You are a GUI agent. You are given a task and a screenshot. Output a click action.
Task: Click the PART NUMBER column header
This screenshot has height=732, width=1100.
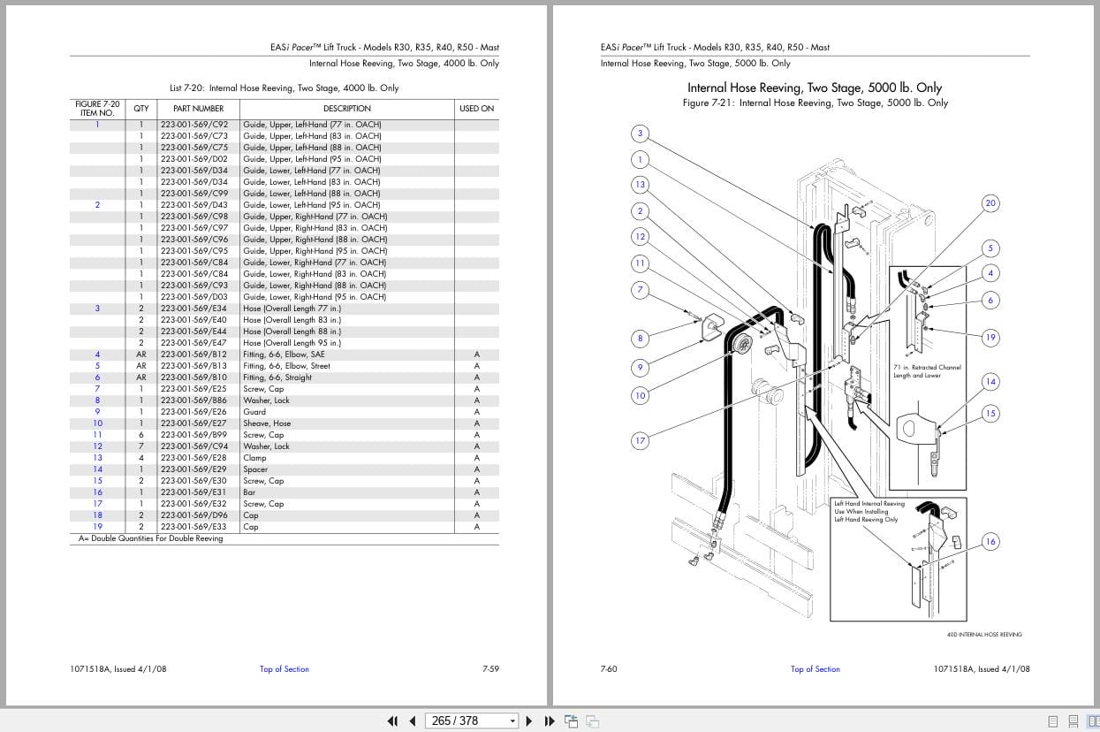click(x=198, y=109)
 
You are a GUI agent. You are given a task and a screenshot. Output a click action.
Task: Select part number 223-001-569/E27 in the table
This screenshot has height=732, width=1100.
click(x=193, y=423)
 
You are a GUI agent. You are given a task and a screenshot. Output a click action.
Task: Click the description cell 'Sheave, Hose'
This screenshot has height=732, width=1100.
click(x=267, y=423)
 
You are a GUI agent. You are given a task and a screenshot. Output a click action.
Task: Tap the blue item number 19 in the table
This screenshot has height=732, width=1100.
click(x=97, y=527)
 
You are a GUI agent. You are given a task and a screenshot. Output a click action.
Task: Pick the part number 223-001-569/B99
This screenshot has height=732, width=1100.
click(x=193, y=435)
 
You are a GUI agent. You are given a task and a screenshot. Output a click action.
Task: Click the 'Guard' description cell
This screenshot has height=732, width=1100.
click(x=254, y=412)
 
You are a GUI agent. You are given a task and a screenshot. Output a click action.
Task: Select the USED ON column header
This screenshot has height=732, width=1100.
click(x=476, y=109)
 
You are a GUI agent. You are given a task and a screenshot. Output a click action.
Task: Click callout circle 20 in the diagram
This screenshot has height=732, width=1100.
click(x=990, y=203)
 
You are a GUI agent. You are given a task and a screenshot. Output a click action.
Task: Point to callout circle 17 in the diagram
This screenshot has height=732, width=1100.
click(x=641, y=440)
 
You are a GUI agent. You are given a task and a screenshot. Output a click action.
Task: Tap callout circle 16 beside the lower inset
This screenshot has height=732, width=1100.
click(x=990, y=542)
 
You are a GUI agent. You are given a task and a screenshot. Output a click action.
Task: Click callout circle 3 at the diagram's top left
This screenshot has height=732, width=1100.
click(x=641, y=134)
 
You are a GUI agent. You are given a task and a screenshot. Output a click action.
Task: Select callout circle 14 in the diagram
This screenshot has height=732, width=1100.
click(x=990, y=382)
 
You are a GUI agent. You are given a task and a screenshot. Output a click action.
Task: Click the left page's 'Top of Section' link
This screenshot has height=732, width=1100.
click(x=284, y=669)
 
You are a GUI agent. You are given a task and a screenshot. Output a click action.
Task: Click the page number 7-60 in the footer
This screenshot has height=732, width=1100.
click(x=609, y=669)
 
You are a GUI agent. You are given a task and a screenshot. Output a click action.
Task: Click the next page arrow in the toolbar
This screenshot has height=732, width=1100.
click(x=529, y=721)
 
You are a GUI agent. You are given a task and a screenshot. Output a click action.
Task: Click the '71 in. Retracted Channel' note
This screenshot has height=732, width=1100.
click(x=927, y=367)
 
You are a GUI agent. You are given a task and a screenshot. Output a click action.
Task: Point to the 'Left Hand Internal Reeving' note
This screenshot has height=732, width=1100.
click(x=869, y=504)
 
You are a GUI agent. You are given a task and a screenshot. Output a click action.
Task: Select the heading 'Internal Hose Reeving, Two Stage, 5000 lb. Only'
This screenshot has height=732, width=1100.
click(x=814, y=88)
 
